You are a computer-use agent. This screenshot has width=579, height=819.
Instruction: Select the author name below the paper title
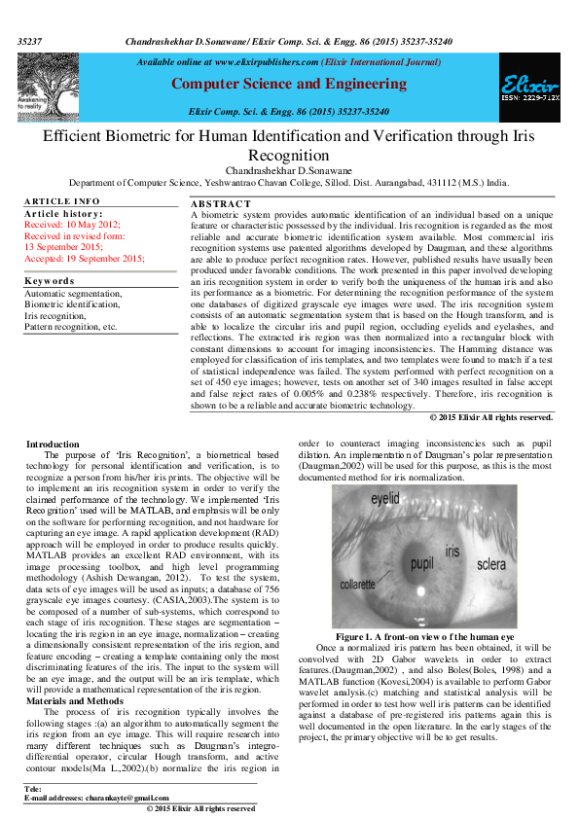click(289, 170)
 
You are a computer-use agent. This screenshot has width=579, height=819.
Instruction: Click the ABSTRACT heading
click(221, 202)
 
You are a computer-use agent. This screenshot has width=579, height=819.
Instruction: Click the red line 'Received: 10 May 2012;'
click(71, 224)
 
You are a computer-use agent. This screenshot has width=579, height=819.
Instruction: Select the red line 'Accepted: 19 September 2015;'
click(84, 258)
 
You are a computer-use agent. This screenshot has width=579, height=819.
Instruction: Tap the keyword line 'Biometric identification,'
click(73, 303)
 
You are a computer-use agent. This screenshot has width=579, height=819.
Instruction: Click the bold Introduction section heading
click(53, 444)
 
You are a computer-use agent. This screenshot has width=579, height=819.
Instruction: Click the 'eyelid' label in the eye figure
click(386, 498)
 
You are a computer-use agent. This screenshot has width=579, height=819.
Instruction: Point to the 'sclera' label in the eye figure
click(490, 563)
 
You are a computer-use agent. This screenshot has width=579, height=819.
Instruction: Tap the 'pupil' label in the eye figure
click(421, 563)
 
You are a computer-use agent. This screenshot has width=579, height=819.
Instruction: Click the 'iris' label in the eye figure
click(452, 552)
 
